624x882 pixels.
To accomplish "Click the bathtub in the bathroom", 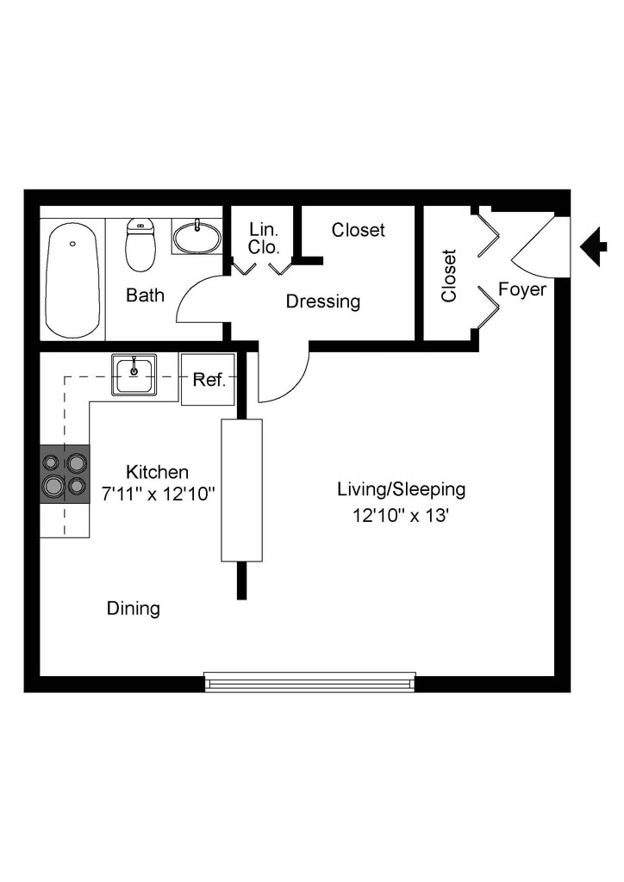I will pos(72,280).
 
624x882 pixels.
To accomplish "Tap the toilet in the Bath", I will pos(140,245).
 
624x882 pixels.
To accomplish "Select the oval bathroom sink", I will pos(197,237).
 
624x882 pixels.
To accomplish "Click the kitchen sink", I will pos(134,375).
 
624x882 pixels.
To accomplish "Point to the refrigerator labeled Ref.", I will pos(208,379).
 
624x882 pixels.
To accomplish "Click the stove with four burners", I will pos(66,474).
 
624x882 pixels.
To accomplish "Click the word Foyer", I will pos(522,289).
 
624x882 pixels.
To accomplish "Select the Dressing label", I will pos(323,301).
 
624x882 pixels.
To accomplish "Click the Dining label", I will pos(134,608).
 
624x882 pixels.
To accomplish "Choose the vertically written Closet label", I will pos(449,276).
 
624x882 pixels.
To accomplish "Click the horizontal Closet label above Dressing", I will pos(359,230).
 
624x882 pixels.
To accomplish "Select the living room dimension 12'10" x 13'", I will pos(401,516).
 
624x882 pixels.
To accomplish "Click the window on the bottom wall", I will pos(310,681).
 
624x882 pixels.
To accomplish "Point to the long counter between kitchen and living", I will pos(241,489).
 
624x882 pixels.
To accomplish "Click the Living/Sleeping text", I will pos(401,489).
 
